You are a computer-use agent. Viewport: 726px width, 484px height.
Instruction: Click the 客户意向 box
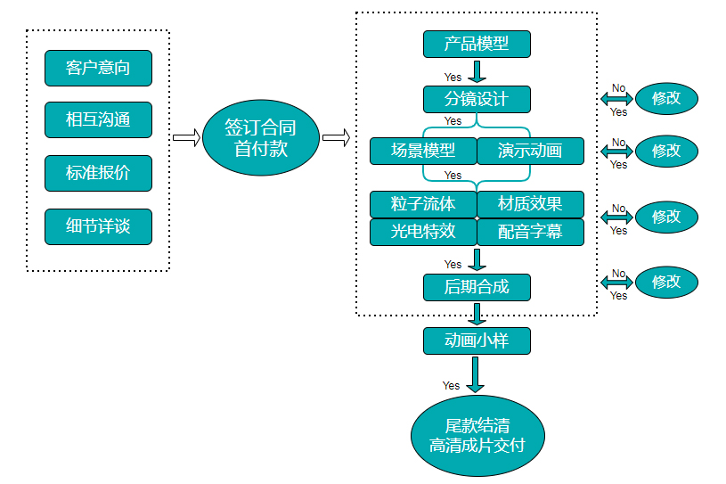[98, 68]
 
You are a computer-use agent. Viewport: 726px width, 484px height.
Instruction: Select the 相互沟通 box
[98, 120]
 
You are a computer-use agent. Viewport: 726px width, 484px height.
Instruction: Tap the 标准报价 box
[98, 173]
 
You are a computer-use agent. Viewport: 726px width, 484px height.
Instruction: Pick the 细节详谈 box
[98, 226]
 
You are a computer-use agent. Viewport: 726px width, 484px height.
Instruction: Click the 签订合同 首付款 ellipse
[260, 137]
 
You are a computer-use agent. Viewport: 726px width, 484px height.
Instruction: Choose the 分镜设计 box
[477, 98]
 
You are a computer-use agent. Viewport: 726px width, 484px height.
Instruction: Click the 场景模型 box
[423, 151]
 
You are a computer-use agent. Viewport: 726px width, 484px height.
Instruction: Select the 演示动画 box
[530, 151]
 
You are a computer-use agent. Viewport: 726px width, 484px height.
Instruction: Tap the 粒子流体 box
[423, 204]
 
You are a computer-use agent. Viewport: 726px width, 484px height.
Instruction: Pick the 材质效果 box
[530, 204]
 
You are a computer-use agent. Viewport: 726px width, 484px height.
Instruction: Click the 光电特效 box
[423, 232]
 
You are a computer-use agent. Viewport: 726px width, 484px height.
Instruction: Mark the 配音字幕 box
[530, 232]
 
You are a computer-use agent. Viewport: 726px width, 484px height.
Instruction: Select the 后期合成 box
[477, 286]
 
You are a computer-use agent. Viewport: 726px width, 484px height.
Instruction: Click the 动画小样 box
[477, 340]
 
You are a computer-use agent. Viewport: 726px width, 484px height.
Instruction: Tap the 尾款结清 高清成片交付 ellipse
[477, 435]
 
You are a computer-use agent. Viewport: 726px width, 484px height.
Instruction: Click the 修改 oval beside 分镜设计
[666, 98]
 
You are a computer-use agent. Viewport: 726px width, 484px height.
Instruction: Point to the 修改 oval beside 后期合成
[666, 282]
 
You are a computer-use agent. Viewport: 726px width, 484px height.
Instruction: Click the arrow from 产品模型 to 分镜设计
[477, 72]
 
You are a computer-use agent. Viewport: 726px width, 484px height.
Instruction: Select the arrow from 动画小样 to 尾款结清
[477, 374]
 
